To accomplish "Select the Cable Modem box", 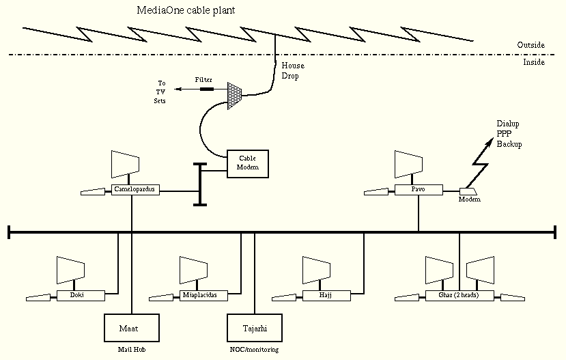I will point(247,163).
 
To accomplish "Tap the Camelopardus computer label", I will point(135,189).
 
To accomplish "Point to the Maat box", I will point(130,328).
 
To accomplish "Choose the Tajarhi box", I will point(254,328).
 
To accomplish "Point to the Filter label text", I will point(203,80).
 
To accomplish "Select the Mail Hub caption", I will point(130,349).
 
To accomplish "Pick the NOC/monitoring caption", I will point(254,349).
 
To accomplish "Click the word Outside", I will point(530,45).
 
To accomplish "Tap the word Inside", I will point(533,62).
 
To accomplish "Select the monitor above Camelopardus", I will point(126,165).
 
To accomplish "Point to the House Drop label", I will point(294,71).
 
